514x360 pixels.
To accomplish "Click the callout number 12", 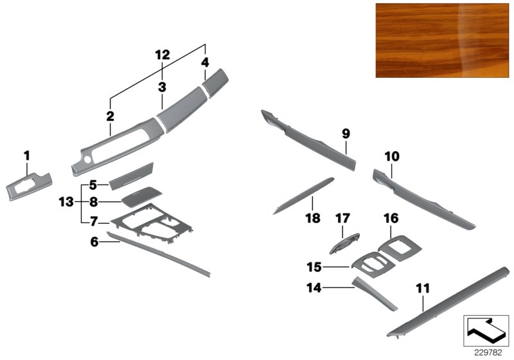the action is (163, 55).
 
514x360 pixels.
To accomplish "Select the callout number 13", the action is (66, 202).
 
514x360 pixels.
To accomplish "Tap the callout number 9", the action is (346, 134).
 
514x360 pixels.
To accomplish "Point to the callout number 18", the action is (312, 218).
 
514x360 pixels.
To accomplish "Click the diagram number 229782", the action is (488, 353).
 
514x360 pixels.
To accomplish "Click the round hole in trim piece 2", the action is (87, 159).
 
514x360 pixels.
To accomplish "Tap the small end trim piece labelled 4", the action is (215, 83).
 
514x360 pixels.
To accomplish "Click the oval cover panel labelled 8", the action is (141, 197).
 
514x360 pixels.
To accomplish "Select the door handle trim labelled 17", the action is (344, 243).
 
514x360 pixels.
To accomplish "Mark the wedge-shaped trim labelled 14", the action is (374, 293).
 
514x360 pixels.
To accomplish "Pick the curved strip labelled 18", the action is (303, 195).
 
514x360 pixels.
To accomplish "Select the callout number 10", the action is (392, 156).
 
